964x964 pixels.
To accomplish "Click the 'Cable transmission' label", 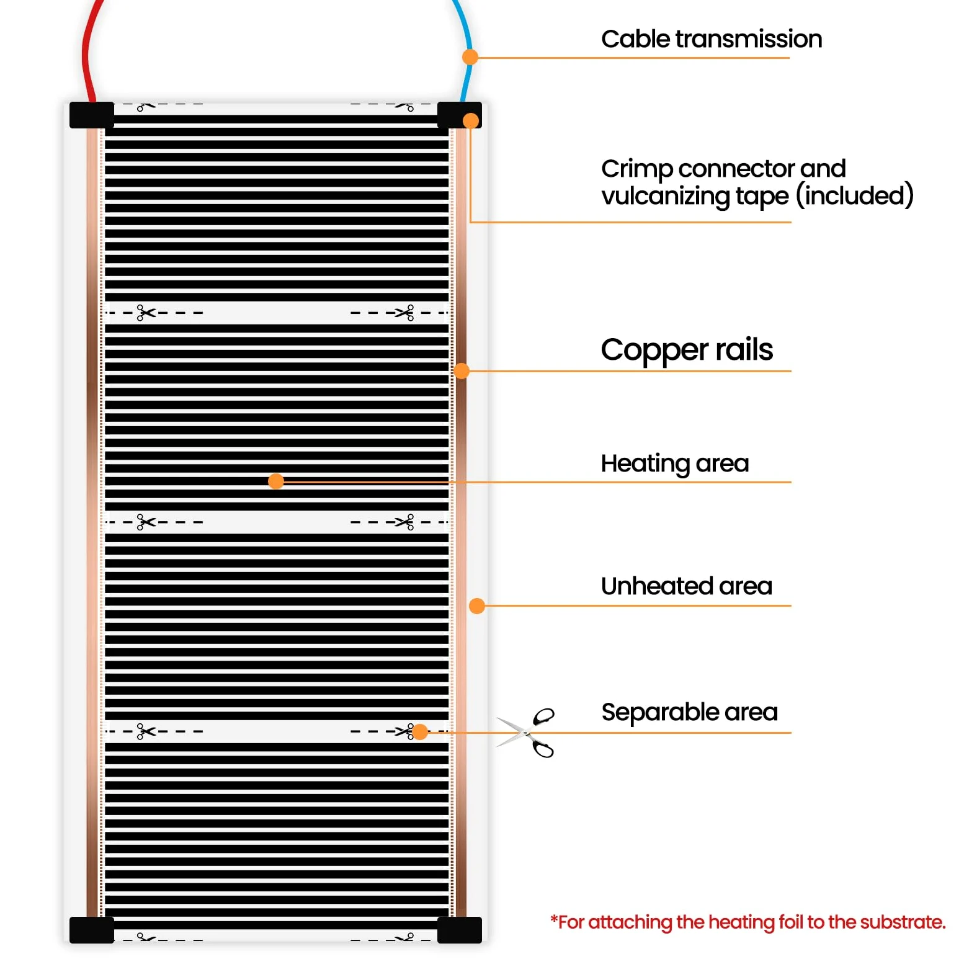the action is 712,39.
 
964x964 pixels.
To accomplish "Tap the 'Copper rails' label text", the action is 687,350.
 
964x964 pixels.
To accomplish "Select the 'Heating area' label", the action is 675,464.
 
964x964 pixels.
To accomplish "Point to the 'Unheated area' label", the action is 687,586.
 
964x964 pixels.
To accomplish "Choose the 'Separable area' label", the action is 689,713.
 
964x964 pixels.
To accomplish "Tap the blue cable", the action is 466,53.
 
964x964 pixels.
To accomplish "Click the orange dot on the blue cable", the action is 470,57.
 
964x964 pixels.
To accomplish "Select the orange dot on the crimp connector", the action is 471,120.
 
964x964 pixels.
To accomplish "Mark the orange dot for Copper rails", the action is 462,371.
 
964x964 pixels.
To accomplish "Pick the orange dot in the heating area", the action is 276,481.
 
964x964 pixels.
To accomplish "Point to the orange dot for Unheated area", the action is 477,606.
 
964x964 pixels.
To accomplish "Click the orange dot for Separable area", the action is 420,732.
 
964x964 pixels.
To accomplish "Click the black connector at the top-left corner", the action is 92,115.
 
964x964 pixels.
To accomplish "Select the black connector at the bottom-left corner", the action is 92,930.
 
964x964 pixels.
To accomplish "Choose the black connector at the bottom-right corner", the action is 460,930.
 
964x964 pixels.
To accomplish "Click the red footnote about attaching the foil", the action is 748,923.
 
